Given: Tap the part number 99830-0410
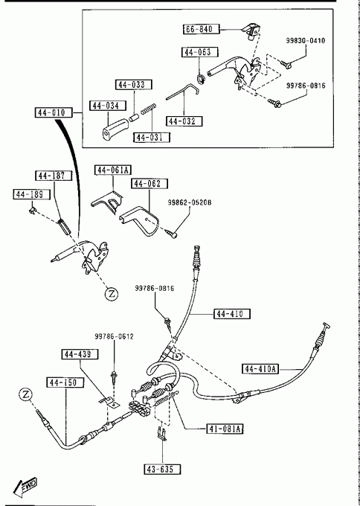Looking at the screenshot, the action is (x=306, y=41).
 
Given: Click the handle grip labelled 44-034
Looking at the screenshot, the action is (x=114, y=129).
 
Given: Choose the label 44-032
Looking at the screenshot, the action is (x=184, y=121).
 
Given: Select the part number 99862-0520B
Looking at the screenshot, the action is (x=190, y=202).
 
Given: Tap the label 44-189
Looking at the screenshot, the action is (x=32, y=194).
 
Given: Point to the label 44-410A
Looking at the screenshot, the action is (x=260, y=368).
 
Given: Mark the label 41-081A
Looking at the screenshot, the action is (x=225, y=429).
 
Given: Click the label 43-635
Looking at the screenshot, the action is (x=162, y=469).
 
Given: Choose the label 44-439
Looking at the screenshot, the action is (x=80, y=354).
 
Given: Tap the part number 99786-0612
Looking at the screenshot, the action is (x=115, y=336).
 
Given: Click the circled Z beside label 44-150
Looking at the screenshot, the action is (x=26, y=394).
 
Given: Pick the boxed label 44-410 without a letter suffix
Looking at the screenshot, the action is (x=232, y=314).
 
